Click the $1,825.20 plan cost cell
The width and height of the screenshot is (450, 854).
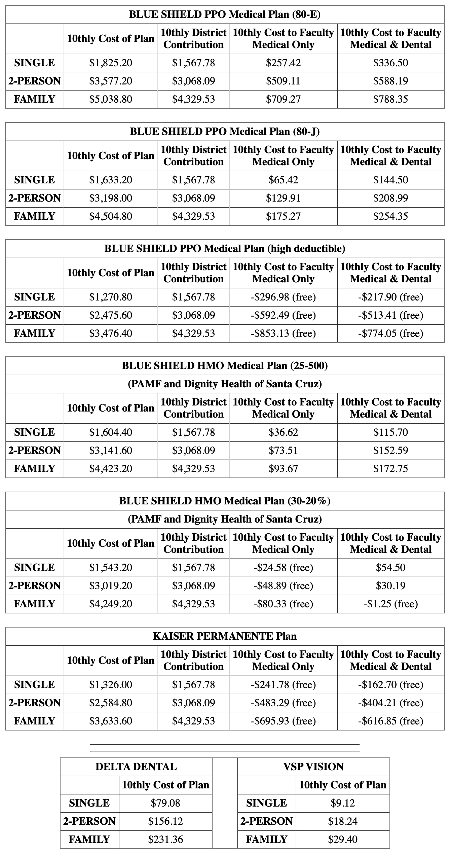(111, 63)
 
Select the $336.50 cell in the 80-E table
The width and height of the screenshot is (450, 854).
(390, 63)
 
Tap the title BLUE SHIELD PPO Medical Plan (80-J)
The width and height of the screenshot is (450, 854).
(225, 132)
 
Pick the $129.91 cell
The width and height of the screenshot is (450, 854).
(283, 198)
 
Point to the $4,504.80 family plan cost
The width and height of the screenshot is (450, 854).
(111, 216)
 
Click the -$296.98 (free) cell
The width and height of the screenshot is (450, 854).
(283, 297)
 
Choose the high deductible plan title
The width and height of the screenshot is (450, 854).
(225, 249)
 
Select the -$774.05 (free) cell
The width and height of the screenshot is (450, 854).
(390, 333)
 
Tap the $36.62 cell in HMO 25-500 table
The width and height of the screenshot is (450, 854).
(283, 432)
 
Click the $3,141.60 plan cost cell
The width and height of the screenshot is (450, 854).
(111, 450)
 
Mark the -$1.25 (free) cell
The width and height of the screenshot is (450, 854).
(390, 604)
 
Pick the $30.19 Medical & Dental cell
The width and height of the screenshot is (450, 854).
(390, 585)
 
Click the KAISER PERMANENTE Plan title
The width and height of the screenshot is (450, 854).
(225, 636)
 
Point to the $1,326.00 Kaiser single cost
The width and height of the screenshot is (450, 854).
(111, 684)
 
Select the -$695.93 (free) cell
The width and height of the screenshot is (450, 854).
(283, 721)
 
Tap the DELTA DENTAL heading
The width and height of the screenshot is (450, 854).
(136, 767)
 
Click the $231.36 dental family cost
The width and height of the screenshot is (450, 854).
(165, 839)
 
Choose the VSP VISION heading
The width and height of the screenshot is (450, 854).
(313, 767)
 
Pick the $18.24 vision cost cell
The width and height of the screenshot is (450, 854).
(343, 821)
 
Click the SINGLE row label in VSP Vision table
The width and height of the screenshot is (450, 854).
(266, 803)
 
